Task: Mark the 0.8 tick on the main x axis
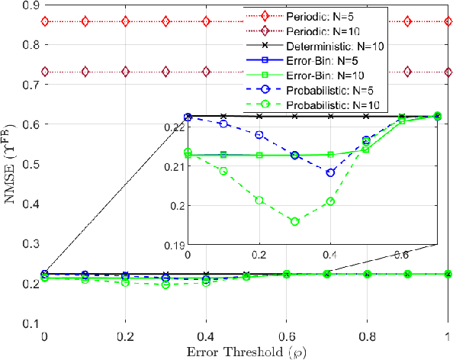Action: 367,336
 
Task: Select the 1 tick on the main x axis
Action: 447,336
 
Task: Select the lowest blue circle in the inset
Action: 330,172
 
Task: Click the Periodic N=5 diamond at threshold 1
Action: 448,21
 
